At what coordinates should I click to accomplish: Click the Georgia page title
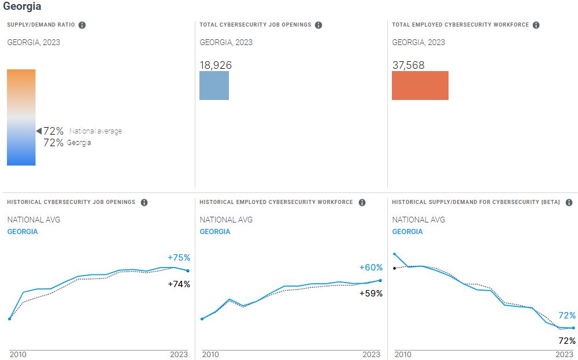click(x=22, y=6)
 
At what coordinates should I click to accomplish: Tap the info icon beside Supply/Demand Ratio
click(x=82, y=25)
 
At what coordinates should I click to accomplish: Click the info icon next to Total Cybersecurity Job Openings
click(x=318, y=25)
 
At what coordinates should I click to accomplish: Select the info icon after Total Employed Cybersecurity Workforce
click(x=536, y=25)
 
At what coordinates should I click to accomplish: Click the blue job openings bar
click(x=214, y=86)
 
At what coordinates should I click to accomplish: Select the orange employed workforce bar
click(x=420, y=86)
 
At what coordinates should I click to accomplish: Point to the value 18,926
click(x=216, y=65)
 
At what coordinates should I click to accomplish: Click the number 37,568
click(x=408, y=65)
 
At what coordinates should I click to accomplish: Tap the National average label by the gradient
click(x=95, y=131)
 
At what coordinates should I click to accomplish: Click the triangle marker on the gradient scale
click(x=39, y=131)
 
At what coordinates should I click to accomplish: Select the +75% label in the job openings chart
click(x=179, y=258)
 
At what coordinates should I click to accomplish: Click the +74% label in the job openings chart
click(x=179, y=284)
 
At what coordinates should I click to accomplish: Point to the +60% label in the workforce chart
click(x=371, y=268)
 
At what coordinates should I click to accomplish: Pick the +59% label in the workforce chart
click(x=371, y=293)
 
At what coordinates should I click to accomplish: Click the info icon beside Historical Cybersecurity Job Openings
click(x=144, y=202)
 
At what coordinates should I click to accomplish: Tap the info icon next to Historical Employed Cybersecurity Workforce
click(x=362, y=202)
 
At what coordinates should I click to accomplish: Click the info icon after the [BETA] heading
click(x=569, y=202)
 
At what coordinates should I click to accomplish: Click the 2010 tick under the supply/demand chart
click(x=402, y=354)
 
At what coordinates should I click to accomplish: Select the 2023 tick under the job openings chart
click(x=179, y=354)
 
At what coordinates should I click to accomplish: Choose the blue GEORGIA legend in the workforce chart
click(x=215, y=232)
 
